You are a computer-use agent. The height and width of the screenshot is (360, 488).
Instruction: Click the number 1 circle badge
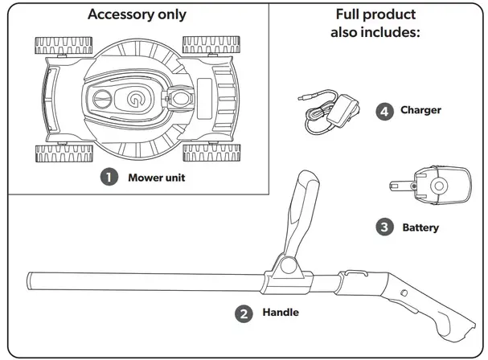[109, 177]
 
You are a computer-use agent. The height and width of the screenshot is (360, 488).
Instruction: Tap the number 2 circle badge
[244, 313]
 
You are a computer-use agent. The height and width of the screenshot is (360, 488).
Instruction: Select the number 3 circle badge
[384, 227]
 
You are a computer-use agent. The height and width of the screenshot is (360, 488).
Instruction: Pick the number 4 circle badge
[384, 112]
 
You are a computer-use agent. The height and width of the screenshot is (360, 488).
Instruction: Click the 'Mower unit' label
[157, 178]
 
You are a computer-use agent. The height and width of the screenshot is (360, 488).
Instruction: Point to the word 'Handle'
[281, 312]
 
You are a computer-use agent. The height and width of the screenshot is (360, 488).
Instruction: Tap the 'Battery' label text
[420, 227]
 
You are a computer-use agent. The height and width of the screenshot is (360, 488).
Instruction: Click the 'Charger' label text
[420, 110]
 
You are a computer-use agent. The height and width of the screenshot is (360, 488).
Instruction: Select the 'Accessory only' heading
[137, 14]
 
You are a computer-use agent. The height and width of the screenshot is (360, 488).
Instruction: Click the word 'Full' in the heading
[347, 14]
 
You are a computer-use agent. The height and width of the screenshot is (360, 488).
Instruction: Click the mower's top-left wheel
[64, 46]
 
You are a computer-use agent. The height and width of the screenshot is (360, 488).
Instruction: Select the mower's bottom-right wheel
[211, 153]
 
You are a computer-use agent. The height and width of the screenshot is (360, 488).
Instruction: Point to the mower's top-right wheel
[211, 45]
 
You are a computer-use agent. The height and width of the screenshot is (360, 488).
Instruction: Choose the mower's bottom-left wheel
[64, 153]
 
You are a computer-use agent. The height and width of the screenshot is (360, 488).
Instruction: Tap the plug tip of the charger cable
[301, 98]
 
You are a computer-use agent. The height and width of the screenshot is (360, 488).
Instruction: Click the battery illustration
[430, 186]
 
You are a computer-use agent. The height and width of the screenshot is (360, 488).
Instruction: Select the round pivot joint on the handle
[289, 266]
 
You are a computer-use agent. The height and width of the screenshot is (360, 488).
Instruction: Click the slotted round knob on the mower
[102, 99]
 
